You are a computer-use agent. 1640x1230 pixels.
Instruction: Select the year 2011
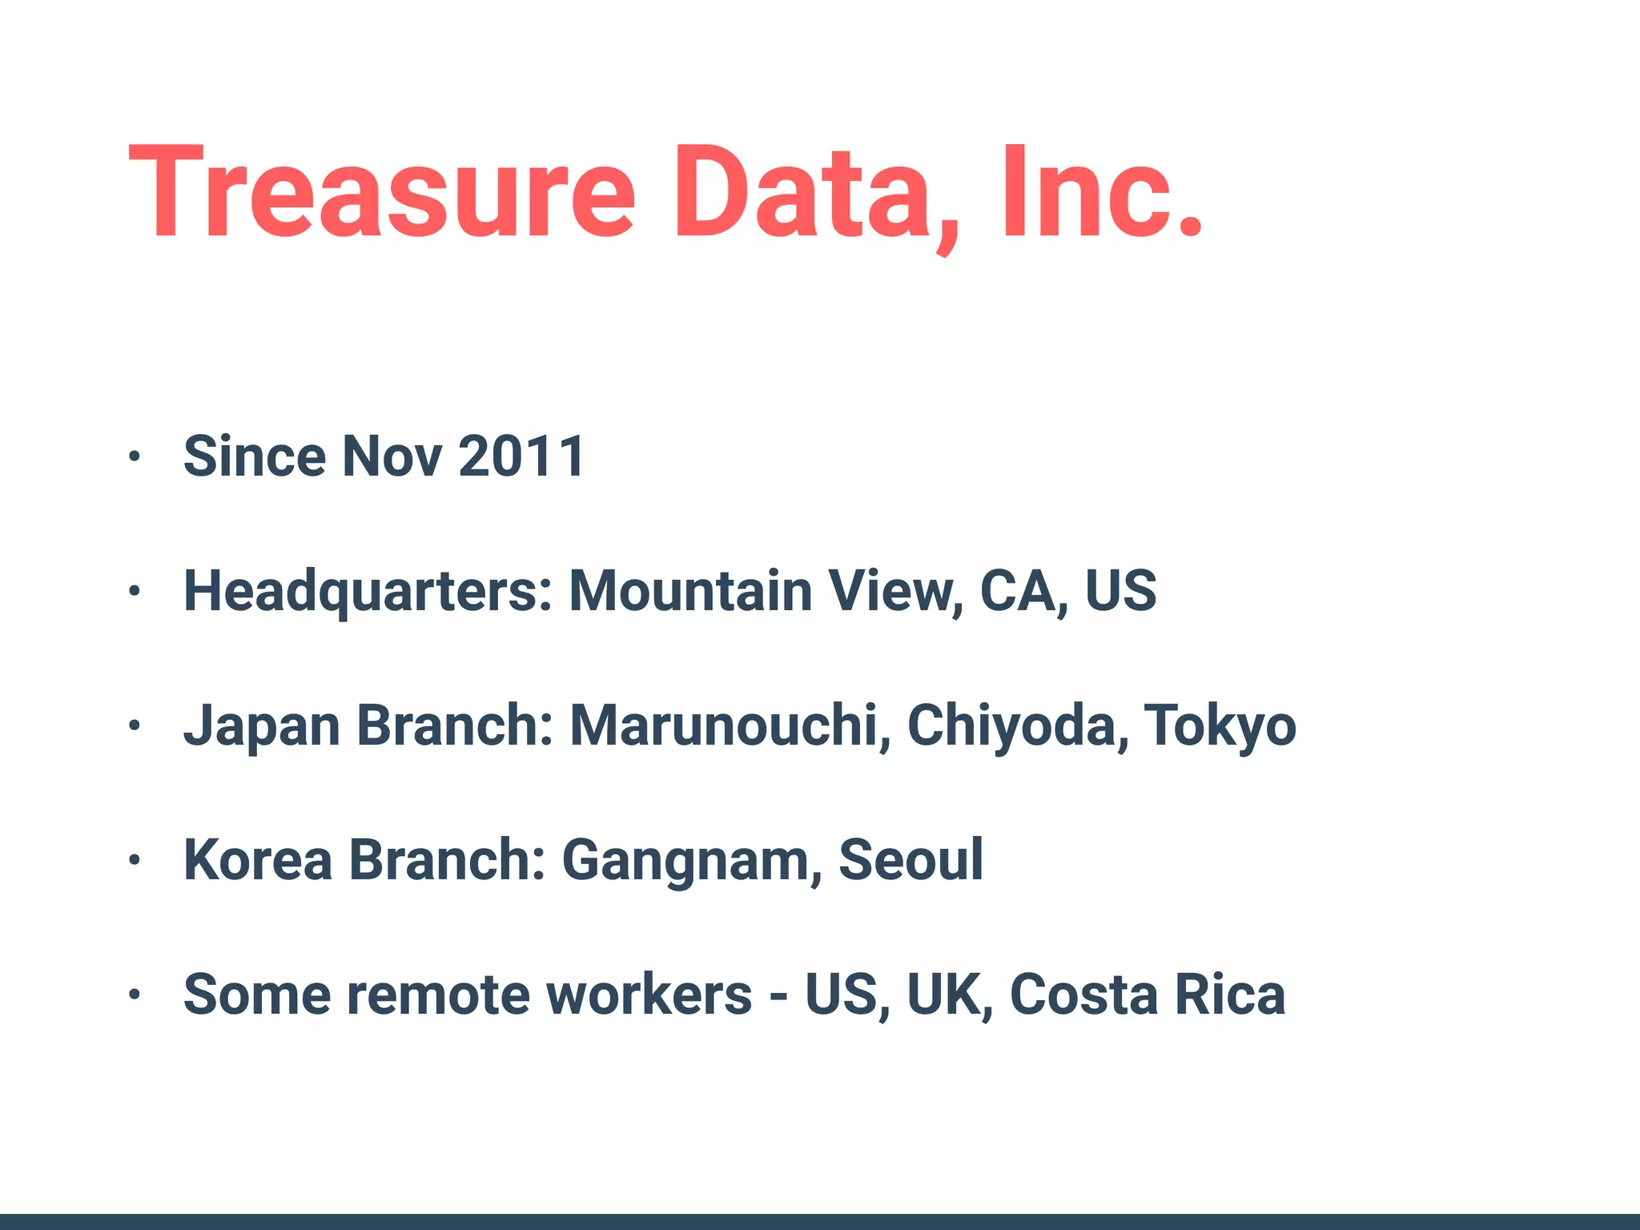521,456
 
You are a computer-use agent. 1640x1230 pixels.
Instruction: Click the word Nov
392,456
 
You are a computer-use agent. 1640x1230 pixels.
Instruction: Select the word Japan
262,726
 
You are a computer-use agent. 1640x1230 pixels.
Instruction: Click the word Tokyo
1219,726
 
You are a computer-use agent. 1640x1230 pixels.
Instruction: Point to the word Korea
258,860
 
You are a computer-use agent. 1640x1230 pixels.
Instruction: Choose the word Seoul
910,860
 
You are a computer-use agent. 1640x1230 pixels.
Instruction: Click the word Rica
1229,995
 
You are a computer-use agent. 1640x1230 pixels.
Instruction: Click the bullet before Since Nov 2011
135,456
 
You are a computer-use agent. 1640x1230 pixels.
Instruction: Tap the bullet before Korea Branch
135,861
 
